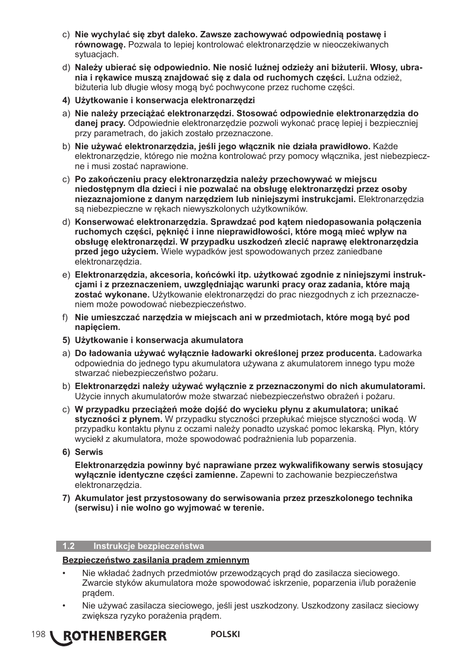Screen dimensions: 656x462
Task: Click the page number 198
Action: tap(38, 634)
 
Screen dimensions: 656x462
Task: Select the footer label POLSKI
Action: tap(225, 634)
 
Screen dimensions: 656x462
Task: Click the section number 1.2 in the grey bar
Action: tap(68, 546)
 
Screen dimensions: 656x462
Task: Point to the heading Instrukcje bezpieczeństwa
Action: tap(149, 546)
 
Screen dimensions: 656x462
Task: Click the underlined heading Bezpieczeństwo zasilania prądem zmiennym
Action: tap(155, 560)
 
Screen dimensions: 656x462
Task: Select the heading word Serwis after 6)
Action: tap(89, 452)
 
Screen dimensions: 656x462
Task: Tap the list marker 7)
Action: tap(66, 498)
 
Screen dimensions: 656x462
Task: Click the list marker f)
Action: tap(65, 317)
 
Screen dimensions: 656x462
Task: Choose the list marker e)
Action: tap(65, 275)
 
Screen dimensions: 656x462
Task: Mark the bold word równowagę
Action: tap(99, 45)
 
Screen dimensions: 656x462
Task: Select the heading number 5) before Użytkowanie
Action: tap(66, 340)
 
